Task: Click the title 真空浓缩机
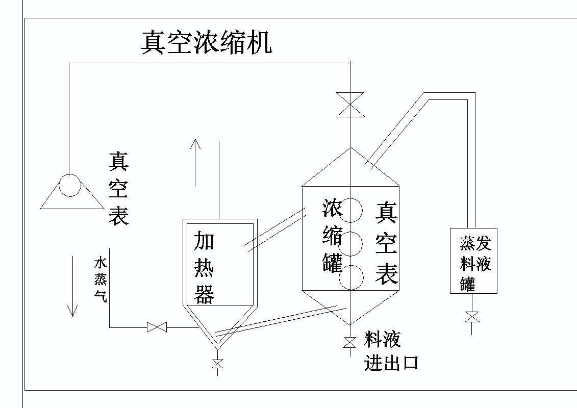pyautogui.click(x=206, y=43)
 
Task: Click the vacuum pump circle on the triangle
pyautogui.click(x=69, y=185)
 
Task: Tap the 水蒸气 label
pyautogui.click(x=100, y=280)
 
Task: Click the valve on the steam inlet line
pyautogui.click(x=157, y=327)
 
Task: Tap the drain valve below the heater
pyautogui.click(x=218, y=364)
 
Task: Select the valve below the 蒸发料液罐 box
pyautogui.click(x=472, y=317)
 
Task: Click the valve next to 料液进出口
pyautogui.click(x=349, y=342)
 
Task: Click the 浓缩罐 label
pyautogui.click(x=333, y=236)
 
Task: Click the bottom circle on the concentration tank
pyautogui.click(x=352, y=277)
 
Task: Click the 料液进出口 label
pyautogui.click(x=391, y=351)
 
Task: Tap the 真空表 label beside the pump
pyautogui.click(x=118, y=188)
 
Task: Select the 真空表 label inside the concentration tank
pyautogui.click(x=386, y=243)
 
